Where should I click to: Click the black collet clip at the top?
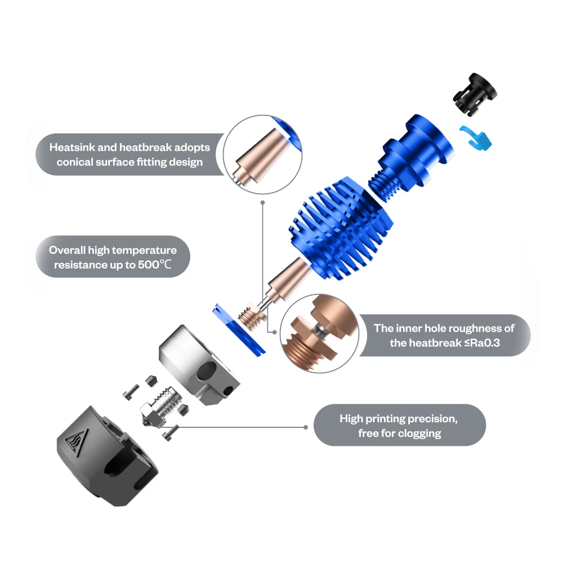[x=474, y=94]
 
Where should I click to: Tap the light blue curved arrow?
[x=477, y=138]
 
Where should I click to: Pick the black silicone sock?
[x=107, y=457]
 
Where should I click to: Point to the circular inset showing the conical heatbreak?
[x=262, y=155]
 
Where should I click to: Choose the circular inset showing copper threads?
[x=320, y=333]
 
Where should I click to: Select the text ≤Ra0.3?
[x=482, y=343]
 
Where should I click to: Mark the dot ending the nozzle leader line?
[x=306, y=427]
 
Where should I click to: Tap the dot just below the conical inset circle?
[x=262, y=203]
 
